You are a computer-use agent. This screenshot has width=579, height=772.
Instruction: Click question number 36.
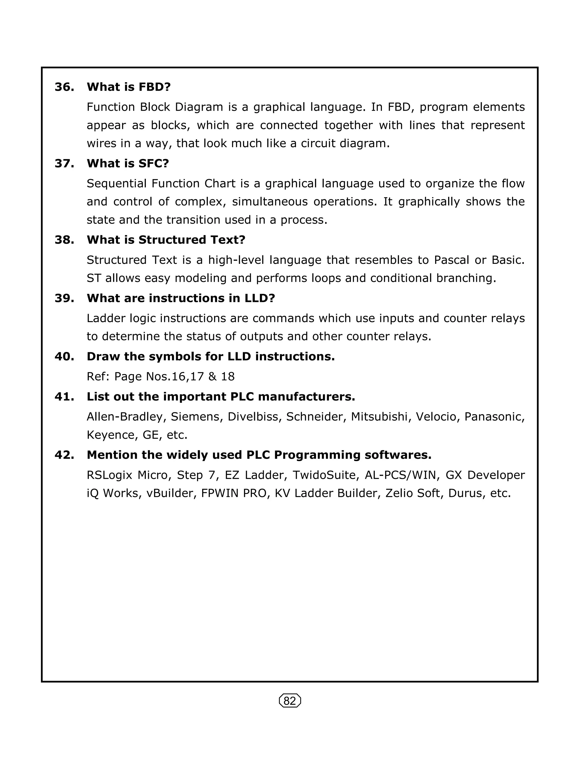[64, 87]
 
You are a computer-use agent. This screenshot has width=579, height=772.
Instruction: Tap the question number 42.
[64, 455]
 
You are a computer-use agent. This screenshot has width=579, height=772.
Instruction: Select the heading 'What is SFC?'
[128, 163]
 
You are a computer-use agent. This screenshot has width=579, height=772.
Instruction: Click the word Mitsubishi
[379, 417]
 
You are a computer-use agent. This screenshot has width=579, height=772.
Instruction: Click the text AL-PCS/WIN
[400, 475]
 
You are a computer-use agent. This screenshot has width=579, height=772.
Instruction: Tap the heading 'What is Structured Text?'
[166, 240]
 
